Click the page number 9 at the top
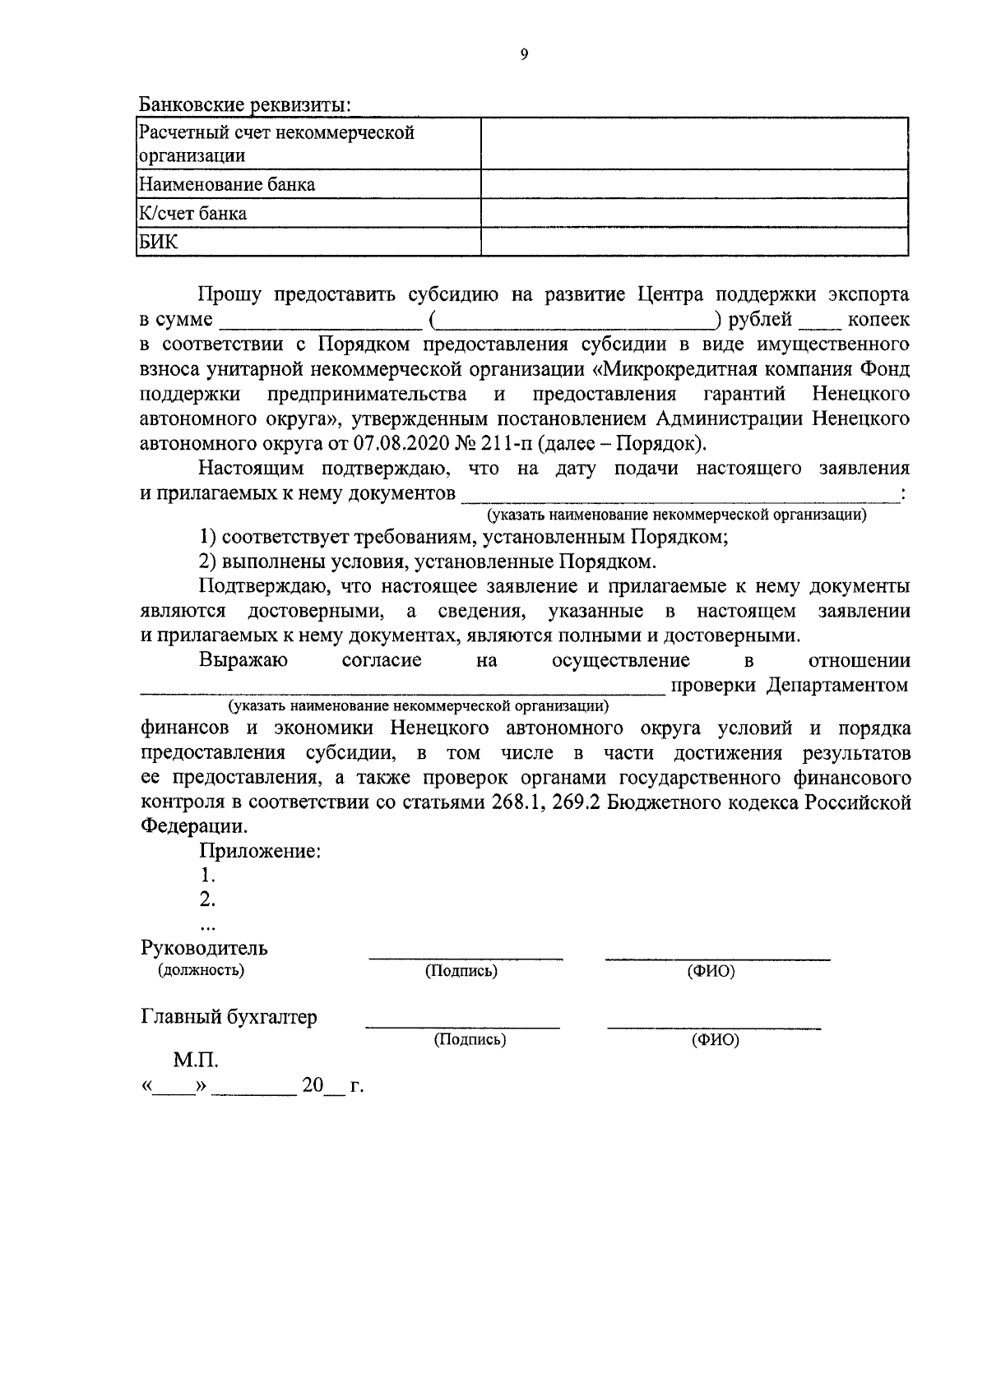524,54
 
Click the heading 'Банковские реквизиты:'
245,105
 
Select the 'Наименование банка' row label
227,184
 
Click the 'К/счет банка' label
193,214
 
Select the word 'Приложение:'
260,852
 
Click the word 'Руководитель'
205,948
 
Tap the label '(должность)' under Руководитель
202,970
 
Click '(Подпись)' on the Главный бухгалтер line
470,1040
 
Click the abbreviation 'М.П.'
196,1061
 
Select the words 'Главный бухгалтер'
229,1018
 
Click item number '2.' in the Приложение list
207,900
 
